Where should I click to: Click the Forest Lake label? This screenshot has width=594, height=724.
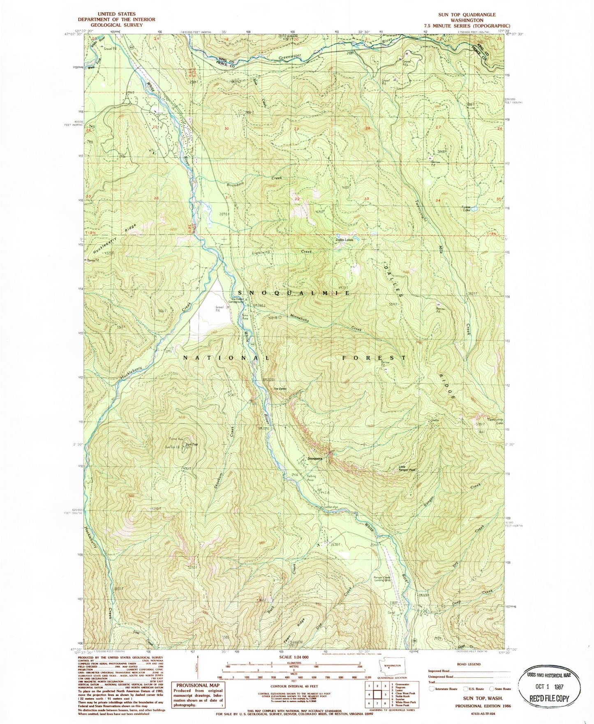(x=466, y=208)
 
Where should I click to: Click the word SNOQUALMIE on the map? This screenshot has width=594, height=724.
(x=294, y=293)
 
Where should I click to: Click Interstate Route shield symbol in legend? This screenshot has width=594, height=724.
(x=432, y=689)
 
